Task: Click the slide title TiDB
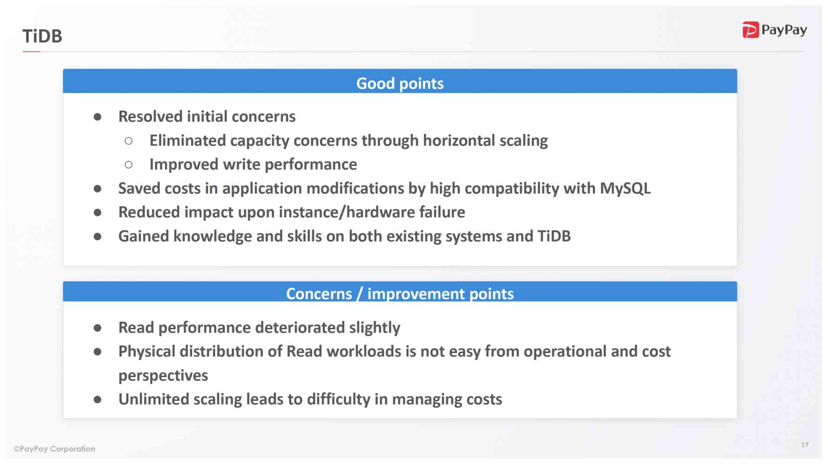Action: click(42, 36)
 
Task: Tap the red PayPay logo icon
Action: click(750, 30)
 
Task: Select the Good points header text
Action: click(400, 83)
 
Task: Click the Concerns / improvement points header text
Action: click(400, 294)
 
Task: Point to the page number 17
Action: click(805, 445)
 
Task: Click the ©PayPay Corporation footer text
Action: click(54, 449)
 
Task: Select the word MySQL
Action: click(625, 188)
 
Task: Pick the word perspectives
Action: click(163, 376)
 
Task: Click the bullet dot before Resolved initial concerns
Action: click(98, 117)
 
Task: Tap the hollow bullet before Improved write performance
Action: click(129, 165)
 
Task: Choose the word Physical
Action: click(147, 352)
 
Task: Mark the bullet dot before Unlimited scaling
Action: click(98, 399)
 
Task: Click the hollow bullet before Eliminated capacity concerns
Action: click(129, 141)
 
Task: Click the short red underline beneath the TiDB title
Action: click(31, 52)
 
